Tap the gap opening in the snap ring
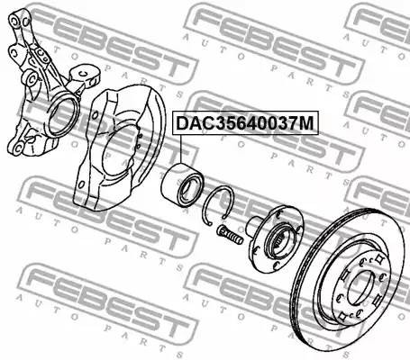(x=208, y=226)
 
